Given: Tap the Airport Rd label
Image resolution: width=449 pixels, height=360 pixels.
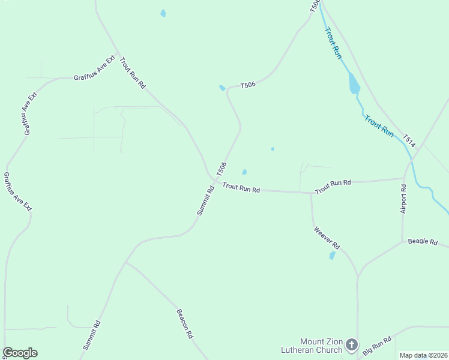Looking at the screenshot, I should tap(403, 199).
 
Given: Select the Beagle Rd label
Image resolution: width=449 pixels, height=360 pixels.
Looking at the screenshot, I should tap(423, 241).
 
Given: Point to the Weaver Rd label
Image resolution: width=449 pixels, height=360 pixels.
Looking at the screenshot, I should tap(327, 238).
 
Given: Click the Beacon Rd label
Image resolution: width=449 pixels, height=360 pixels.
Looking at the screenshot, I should tap(184, 323).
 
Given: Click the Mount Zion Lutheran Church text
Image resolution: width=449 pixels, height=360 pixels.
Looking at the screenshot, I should tap(312, 346).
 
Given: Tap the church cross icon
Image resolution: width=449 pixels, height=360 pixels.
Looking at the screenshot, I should tap(351, 345).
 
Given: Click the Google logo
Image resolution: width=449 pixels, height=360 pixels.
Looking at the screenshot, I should tap(20, 353).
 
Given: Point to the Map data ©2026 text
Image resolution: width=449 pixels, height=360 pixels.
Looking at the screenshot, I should tap(423, 355).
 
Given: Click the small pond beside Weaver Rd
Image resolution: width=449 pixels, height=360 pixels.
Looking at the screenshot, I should tap(332, 256).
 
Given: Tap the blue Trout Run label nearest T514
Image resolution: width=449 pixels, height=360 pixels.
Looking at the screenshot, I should tap(379, 126).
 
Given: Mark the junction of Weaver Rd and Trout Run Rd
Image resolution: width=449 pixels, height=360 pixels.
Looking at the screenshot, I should tap(310, 193).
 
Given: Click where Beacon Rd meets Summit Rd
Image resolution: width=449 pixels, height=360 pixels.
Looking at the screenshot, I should tap(125, 262).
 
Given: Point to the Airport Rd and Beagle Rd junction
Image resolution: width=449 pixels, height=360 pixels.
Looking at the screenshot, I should tap(402, 242).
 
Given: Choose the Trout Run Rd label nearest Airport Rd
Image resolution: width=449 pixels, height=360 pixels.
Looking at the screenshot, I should tap(333, 186).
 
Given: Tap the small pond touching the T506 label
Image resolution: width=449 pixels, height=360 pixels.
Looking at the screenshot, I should tap(222, 88).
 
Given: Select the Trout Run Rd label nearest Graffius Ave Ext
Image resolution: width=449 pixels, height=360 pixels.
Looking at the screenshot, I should tap(133, 73).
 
